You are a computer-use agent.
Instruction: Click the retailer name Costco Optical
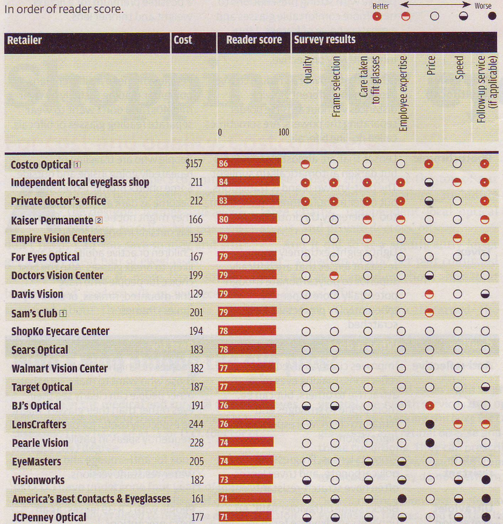[x=41, y=164]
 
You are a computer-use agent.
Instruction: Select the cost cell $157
[x=197, y=164]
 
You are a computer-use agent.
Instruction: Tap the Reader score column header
[x=254, y=41]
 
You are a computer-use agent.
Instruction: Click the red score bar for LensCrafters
[x=246, y=424]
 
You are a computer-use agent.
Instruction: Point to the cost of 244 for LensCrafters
[x=197, y=424]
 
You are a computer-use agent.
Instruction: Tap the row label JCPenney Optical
[x=49, y=517]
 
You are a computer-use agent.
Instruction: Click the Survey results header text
[x=325, y=40]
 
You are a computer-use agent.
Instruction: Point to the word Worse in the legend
[x=482, y=6]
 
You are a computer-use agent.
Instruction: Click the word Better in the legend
[x=381, y=6]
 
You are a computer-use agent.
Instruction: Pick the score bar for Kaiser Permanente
[x=247, y=220]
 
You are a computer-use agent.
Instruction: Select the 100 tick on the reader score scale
[x=283, y=132]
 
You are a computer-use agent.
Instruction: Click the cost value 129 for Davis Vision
[x=197, y=294]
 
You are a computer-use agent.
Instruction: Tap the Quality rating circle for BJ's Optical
[x=306, y=406]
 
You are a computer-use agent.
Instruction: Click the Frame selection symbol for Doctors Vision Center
[x=334, y=276]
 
